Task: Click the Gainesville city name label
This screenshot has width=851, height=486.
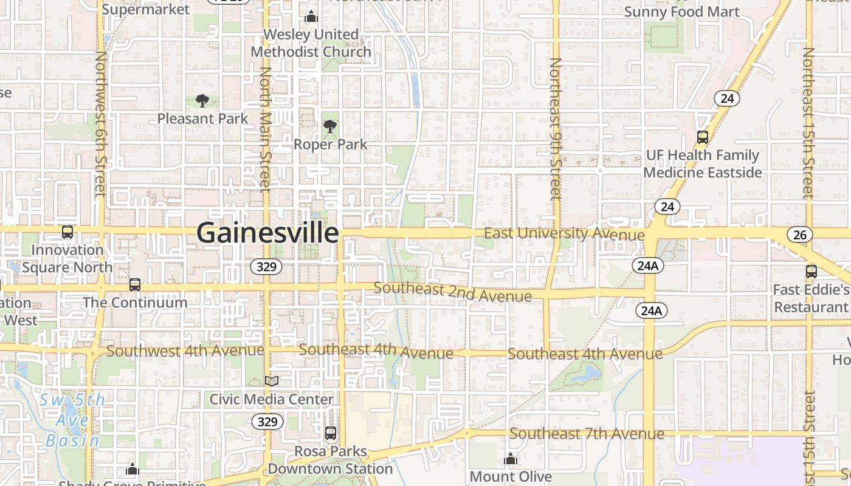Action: pos(267,233)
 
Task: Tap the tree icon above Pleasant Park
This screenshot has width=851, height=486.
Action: pos(202,101)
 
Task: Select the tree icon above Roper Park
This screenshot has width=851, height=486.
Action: pos(330,126)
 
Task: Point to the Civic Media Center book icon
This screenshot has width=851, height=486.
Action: pos(272,381)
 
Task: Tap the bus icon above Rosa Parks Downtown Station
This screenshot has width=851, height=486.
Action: pos(331,433)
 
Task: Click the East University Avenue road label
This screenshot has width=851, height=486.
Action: pos(564,234)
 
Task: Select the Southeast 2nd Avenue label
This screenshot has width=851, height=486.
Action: pos(453,292)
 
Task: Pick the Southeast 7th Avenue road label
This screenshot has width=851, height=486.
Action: pos(587,434)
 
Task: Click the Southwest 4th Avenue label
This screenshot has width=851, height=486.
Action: pos(185,351)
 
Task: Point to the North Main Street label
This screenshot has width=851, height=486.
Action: pos(265,129)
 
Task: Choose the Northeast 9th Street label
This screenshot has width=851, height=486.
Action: pos(555,128)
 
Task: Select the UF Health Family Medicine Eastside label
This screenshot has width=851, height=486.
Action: pos(702,164)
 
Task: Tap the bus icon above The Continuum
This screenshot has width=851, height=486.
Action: pos(135,284)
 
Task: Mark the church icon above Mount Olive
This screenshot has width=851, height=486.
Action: pos(511,458)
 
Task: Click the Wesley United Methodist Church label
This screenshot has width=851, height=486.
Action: pos(311,43)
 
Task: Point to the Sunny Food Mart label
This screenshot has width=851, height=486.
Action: pos(681,12)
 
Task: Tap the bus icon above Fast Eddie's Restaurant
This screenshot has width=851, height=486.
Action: pos(811,271)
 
